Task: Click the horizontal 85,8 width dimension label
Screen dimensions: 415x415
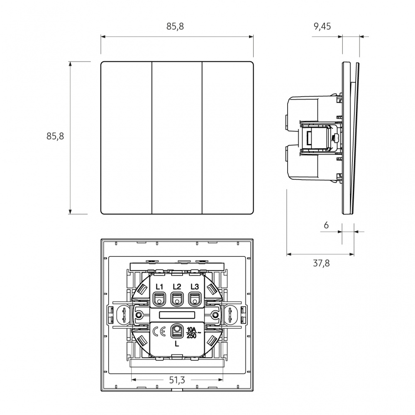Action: [175, 27]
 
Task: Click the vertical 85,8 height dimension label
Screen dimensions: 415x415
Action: [55, 136]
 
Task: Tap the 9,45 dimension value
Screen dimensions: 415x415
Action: [322, 27]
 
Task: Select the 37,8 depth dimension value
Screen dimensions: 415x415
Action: [321, 263]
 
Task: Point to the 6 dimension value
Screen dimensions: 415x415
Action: [326, 225]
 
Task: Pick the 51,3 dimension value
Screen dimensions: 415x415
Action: [177, 380]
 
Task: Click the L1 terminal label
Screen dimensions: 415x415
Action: [159, 287]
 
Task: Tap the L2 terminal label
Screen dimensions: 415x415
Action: [177, 287]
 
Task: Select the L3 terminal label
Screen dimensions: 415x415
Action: [195, 287]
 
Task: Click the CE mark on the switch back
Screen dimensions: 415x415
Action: [159, 332]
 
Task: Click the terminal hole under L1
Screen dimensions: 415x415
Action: [159, 299]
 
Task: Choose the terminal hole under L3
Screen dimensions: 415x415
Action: [195, 299]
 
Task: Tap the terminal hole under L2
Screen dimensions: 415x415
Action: [177, 299]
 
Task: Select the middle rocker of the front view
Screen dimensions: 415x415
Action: [177, 138]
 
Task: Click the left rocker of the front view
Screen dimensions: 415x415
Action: [126, 138]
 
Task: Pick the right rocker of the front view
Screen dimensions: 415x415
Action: [228, 138]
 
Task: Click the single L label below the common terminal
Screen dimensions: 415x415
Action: [177, 344]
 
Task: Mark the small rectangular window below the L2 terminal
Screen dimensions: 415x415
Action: [177, 315]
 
